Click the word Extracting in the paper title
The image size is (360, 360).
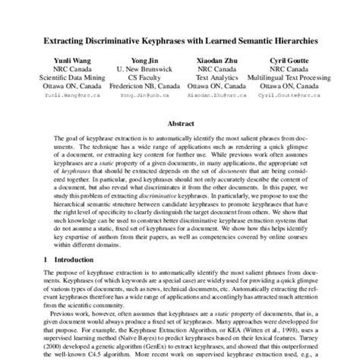click(76, 36)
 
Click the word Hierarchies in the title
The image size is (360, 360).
click(286, 36)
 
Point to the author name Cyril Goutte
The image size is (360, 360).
click(289, 58)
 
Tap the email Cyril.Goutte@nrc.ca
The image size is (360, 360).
click(289, 96)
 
